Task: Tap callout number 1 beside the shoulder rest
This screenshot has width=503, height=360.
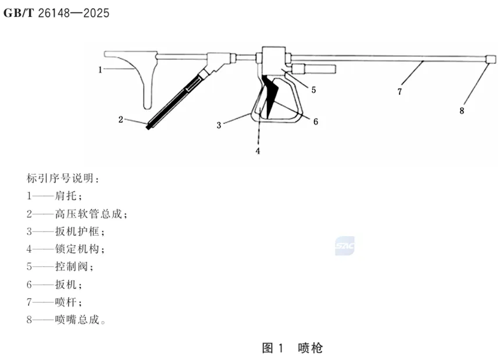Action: pyautogui.click(x=101, y=69)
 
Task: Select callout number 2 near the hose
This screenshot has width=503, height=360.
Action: pyautogui.click(x=121, y=120)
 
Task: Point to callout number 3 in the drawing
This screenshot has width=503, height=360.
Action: pyautogui.click(x=219, y=124)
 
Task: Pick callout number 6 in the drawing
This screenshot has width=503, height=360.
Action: pyautogui.click(x=316, y=122)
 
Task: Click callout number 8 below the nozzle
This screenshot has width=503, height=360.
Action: pyautogui.click(x=462, y=110)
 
